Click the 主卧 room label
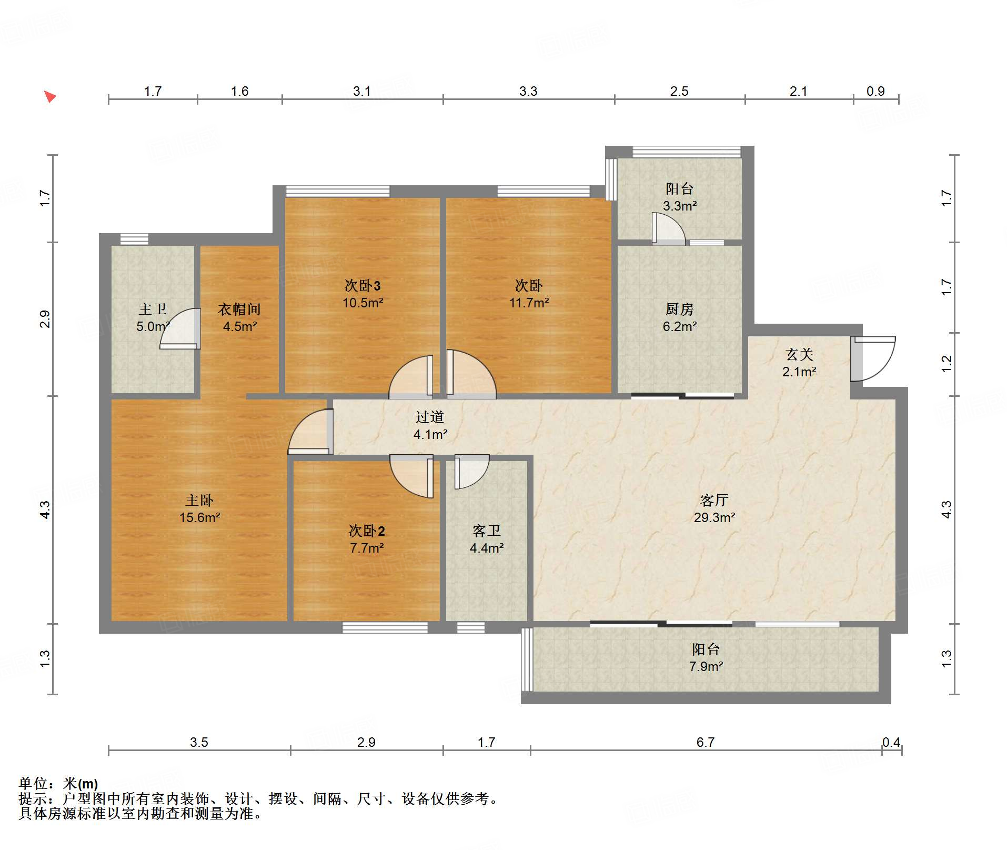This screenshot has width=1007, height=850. point(199,500)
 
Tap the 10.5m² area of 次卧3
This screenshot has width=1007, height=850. point(362,303)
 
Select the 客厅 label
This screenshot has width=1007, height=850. point(714,500)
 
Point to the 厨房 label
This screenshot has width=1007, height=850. point(679,309)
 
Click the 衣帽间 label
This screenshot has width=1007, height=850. point(239,309)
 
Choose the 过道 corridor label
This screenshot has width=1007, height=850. point(430,417)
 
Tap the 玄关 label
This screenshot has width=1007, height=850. point(799,354)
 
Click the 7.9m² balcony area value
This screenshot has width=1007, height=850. point(706,666)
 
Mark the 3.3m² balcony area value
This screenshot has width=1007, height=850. point(680,206)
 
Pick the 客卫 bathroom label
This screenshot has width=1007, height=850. point(487,531)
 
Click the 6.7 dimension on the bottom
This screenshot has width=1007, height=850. point(706,742)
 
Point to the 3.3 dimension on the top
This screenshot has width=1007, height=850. point(528,91)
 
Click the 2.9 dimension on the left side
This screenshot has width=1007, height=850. point(45,319)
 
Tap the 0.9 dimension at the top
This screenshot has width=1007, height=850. point(875,91)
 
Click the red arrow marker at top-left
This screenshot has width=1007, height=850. point(50,96)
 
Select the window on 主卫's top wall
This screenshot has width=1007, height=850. point(134,239)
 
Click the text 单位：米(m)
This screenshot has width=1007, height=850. point(58,784)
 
